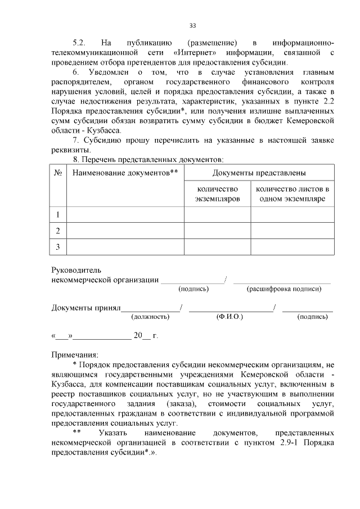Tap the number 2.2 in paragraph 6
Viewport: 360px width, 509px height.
pyautogui.click(x=329, y=100)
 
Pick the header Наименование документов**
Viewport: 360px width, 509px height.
pyautogui.click(x=125, y=172)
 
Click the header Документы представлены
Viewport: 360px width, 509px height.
pyautogui.click(x=259, y=172)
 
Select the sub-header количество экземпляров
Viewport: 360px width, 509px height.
pyautogui.click(x=217, y=194)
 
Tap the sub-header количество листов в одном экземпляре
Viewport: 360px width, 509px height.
pyautogui.click(x=292, y=194)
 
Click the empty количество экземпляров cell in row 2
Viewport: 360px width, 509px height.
pyautogui.click(x=217, y=231)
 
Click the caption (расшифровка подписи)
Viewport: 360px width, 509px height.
pyautogui.click(x=284, y=289)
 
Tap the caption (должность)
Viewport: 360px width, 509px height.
pyautogui.click(x=150, y=317)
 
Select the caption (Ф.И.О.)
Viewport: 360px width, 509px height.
pyautogui.click(x=229, y=317)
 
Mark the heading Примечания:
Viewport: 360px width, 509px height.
pyautogui.click(x=74, y=355)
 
